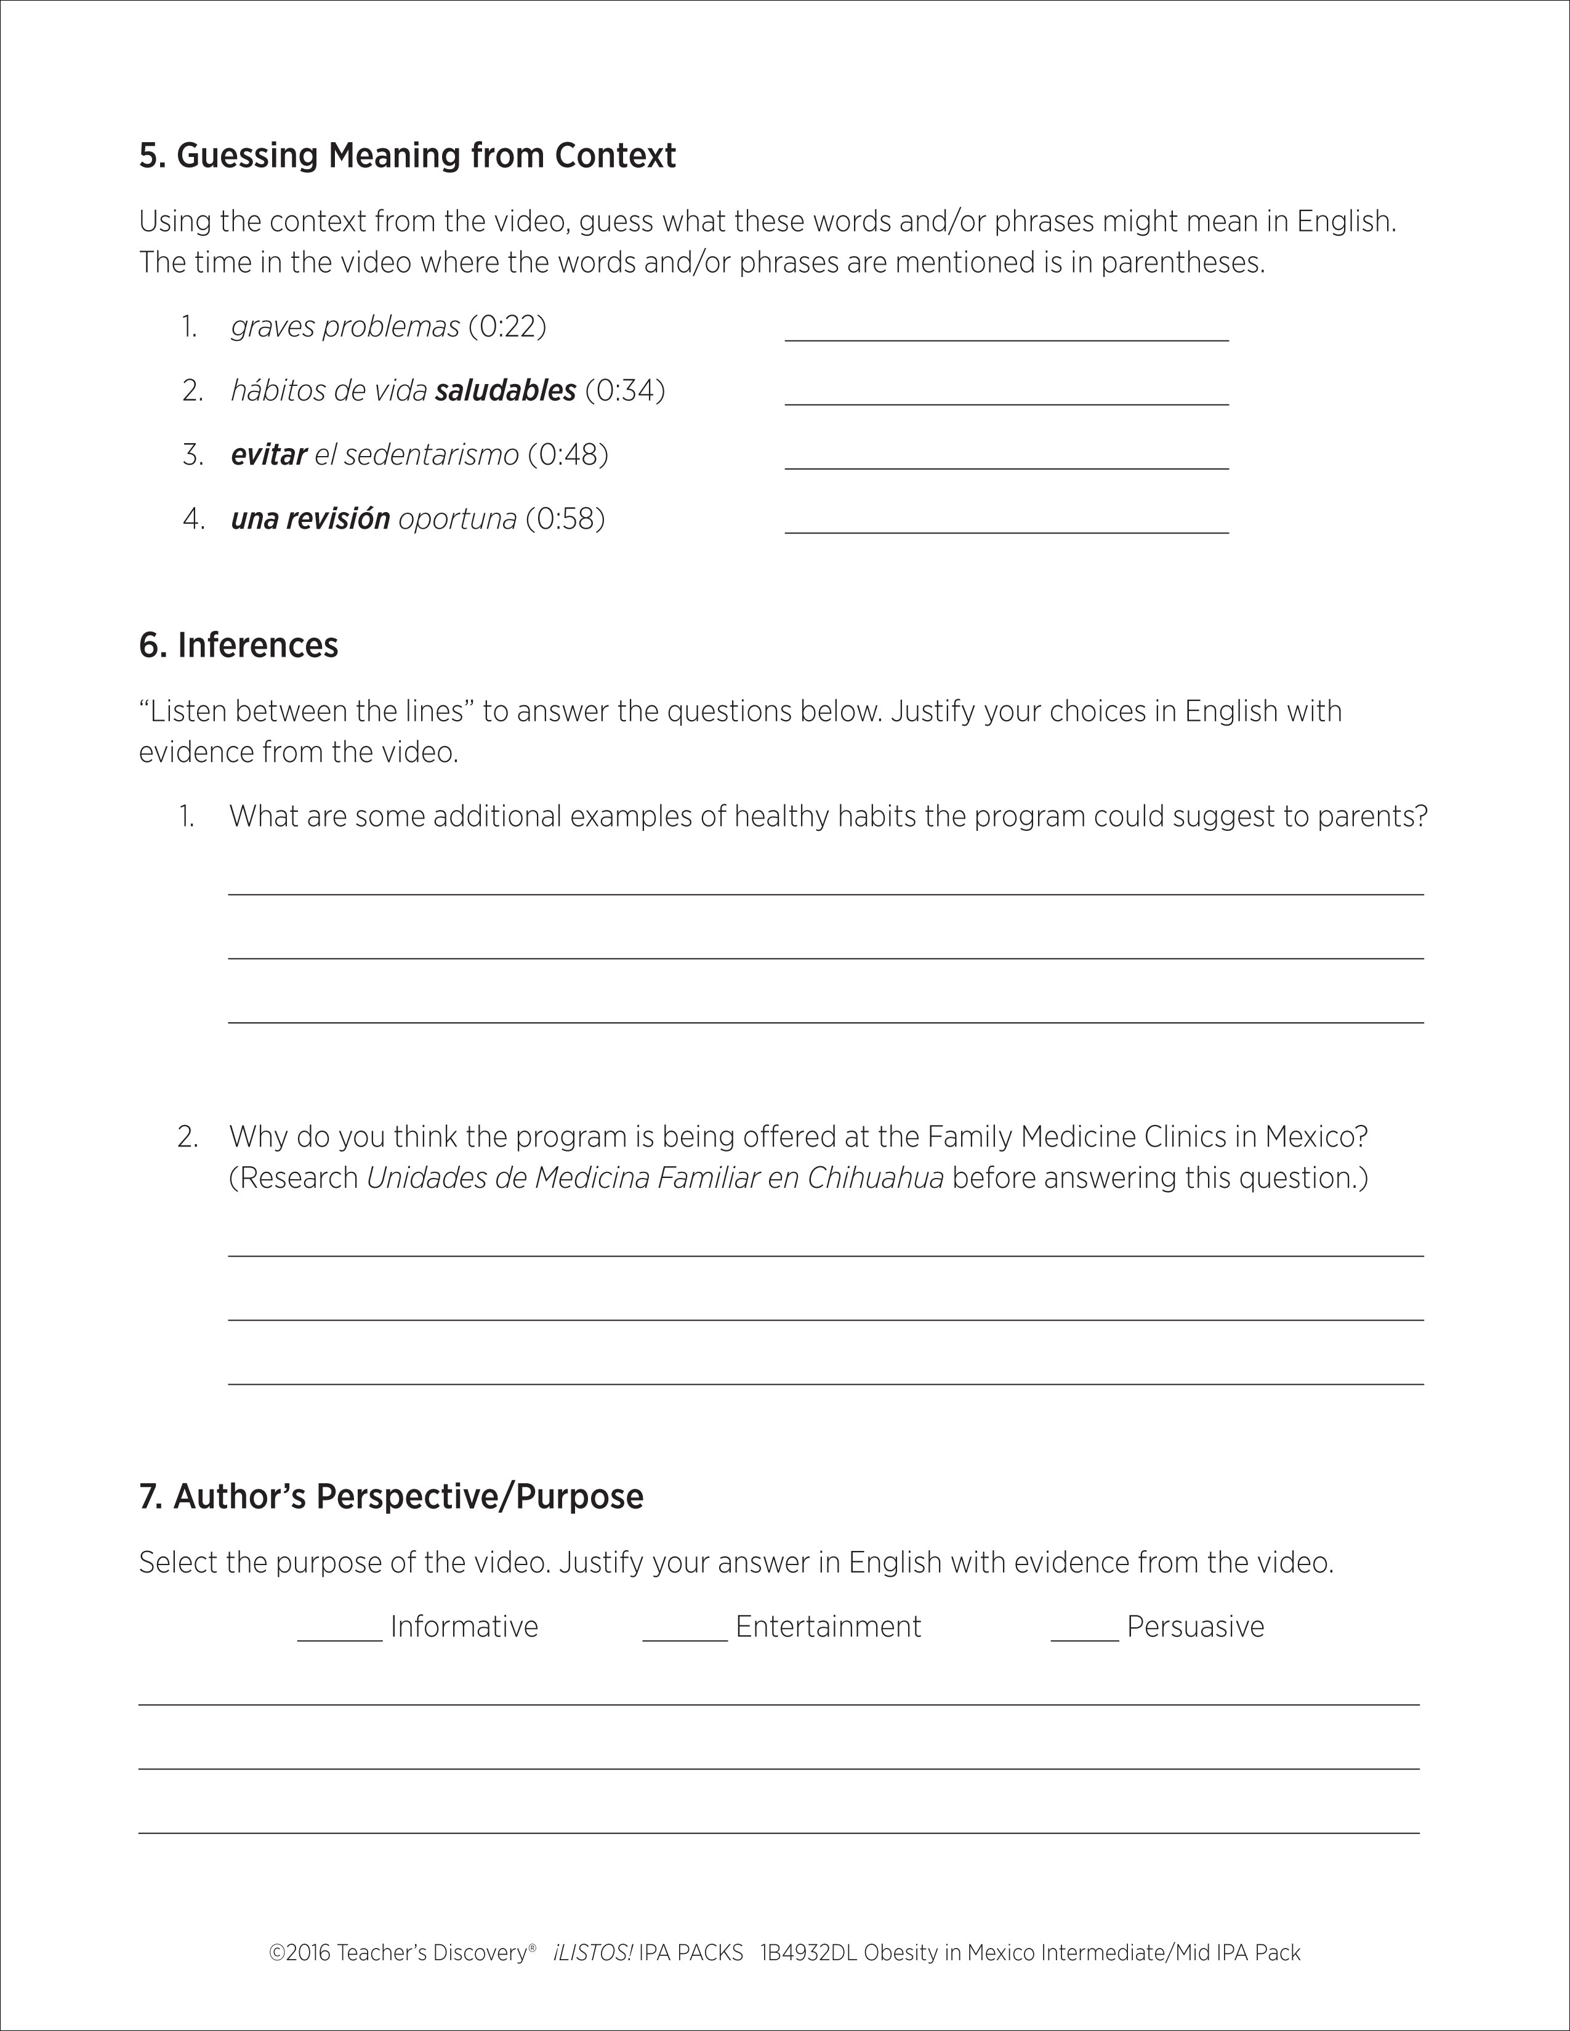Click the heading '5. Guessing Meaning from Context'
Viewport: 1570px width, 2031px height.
(408, 155)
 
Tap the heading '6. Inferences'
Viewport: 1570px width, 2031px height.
(238, 646)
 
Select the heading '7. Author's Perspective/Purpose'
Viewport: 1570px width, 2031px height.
(390, 1496)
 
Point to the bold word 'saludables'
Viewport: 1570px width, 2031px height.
(505, 391)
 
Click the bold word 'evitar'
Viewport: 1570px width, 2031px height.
(269, 455)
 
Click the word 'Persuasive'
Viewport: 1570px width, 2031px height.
(1195, 1627)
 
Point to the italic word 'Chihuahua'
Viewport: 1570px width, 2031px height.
(876, 1178)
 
